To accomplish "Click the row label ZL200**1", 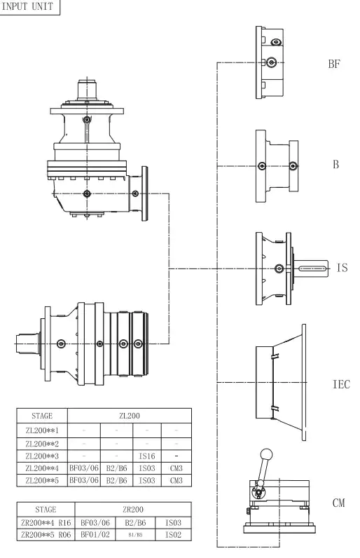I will click(43, 429).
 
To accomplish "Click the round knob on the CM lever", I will click(265, 454).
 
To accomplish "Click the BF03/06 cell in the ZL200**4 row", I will click(84, 468).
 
